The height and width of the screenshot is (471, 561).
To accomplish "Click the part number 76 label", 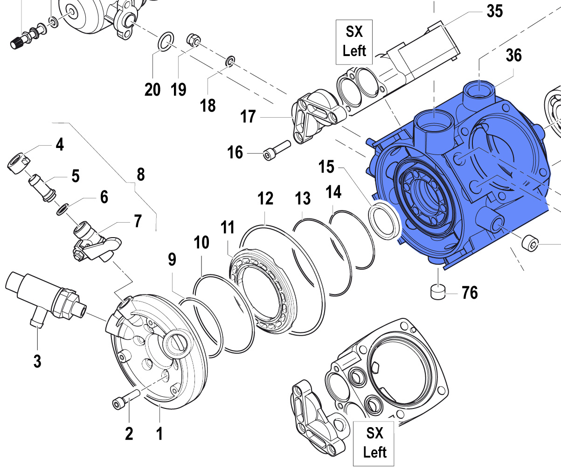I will [x=470, y=293].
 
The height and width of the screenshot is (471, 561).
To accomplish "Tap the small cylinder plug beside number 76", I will [x=438, y=292].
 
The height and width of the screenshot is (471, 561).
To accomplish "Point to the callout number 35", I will [x=495, y=11].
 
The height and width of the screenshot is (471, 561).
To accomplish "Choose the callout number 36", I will [x=513, y=56].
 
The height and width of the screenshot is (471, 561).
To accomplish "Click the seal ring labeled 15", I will [x=385, y=219].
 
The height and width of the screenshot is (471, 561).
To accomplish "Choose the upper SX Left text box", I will [x=354, y=42].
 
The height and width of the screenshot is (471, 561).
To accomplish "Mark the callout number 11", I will [x=228, y=228].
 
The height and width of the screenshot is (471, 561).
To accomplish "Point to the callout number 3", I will [x=37, y=361].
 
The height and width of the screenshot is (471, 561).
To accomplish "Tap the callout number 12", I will [x=265, y=199].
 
